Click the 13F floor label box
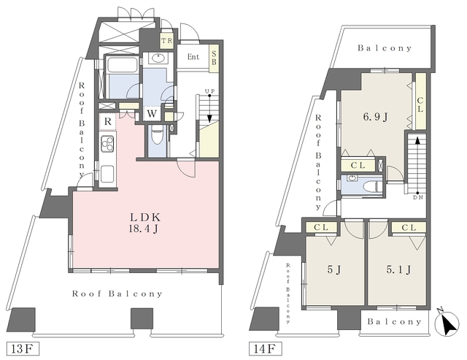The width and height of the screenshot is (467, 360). (23, 348)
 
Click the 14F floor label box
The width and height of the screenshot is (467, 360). (265, 348)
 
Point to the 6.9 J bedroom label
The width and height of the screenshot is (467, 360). (375, 117)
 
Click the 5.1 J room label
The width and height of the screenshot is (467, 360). (399, 269)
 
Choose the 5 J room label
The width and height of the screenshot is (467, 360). (334, 269)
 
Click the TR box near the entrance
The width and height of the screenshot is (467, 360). (167, 41)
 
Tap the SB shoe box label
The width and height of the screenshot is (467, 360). (214, 58)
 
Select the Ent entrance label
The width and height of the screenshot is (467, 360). (193, 57)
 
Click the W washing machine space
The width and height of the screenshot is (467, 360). (152, 113)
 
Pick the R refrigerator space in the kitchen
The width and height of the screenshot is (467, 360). (107, 122)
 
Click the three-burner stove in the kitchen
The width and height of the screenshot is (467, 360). (107, 144)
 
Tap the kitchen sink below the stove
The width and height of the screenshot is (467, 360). (107, 174)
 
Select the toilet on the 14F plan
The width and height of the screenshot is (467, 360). (372, 187)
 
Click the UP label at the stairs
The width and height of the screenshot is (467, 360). (209, 91)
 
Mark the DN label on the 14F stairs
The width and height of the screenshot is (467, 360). (417, 197)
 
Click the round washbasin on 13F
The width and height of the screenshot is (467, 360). (158, 58)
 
